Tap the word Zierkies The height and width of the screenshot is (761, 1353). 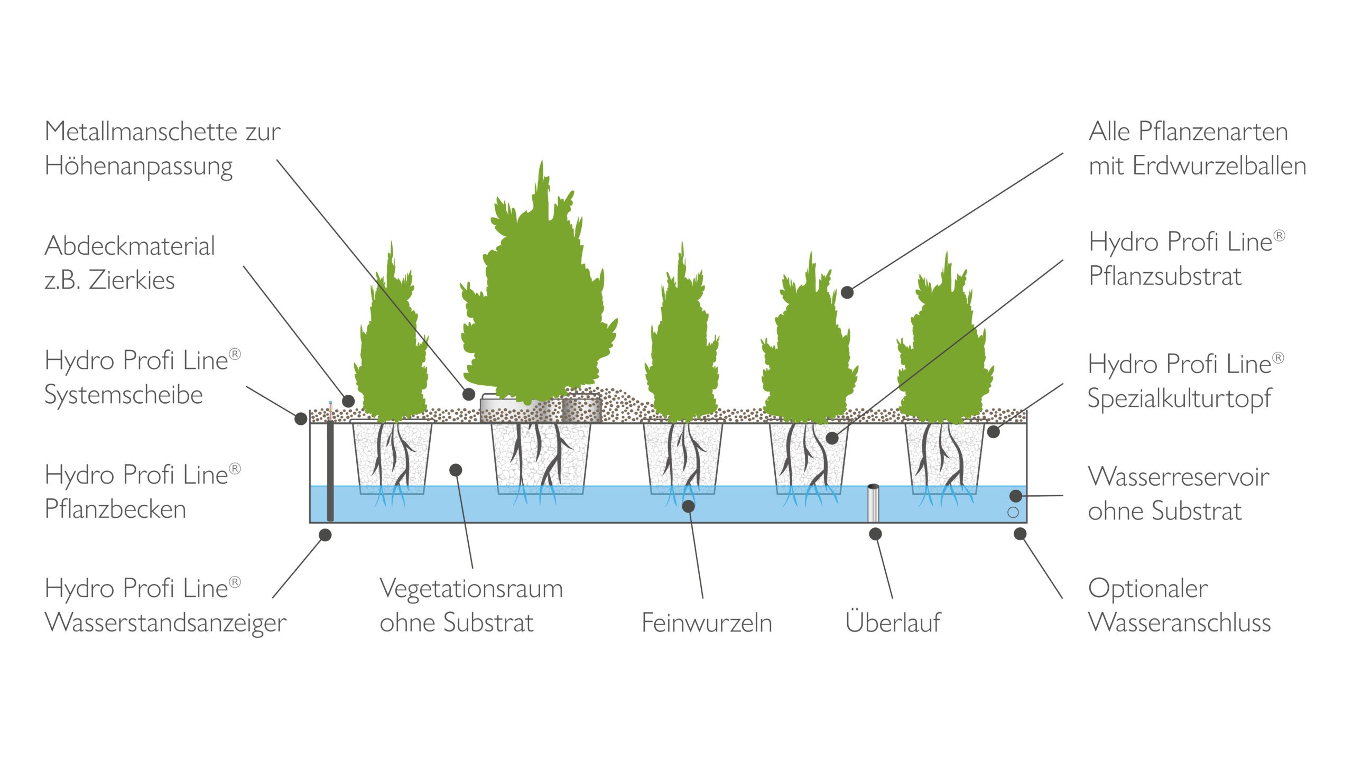132,280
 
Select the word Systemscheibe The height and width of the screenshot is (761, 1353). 124,395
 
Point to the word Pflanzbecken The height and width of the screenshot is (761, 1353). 115,509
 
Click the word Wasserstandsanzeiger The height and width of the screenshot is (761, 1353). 165,623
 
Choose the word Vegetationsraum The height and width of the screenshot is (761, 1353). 471,589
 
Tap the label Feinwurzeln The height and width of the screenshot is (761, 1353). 707,623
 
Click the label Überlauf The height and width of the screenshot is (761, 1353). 893,622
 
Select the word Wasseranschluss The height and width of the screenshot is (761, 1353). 1179,623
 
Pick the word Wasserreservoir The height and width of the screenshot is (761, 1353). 1179,477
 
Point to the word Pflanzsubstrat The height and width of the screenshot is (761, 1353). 1165,276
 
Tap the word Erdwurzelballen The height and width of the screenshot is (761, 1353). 1219,166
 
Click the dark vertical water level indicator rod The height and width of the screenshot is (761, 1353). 330,470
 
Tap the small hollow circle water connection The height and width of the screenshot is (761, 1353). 1013,512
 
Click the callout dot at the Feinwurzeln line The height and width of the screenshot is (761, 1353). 688,506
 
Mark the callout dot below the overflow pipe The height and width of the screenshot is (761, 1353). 875,534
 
